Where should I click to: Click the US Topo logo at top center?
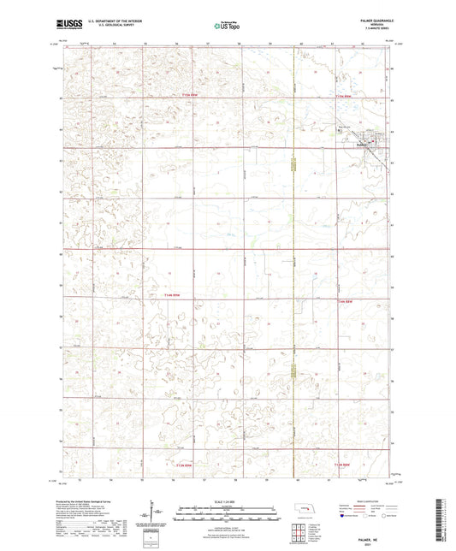coord(221,26)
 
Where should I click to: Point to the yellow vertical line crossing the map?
coord(293,257)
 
